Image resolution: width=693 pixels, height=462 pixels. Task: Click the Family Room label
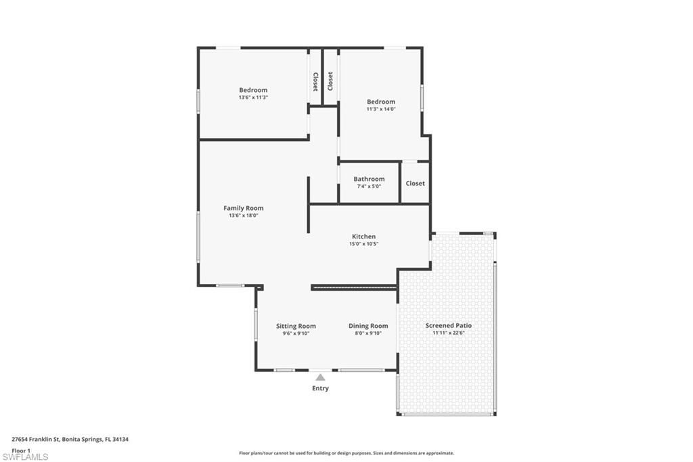click(244, 208)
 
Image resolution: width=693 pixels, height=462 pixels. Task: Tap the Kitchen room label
click(363, 236)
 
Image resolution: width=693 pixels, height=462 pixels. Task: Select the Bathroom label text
click(369, 179)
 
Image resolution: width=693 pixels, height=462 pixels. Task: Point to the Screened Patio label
click(449, 325)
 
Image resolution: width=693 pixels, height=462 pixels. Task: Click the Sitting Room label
click(296, 326)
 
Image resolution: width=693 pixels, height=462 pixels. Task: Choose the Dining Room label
click(368, 326)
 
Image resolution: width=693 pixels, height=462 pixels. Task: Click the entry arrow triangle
click(320, 377)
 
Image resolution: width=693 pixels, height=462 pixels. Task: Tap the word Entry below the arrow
click(320, 388)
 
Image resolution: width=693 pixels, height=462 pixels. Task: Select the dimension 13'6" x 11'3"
click(253, 98)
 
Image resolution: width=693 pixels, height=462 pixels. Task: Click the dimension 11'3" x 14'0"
click(381, 109)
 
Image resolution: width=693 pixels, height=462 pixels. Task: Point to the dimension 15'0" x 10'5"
click(363, 244)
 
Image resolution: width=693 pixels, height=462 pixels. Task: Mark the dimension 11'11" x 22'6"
click(449, 333)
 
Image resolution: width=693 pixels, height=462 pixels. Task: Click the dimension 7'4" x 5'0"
click(369, 186)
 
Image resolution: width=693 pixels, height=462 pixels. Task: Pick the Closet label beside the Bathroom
click(416, 183)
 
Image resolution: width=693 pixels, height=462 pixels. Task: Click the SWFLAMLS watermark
click(25, 457)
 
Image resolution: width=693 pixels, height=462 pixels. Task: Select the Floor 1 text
click(22, 450)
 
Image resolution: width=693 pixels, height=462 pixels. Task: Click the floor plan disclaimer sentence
click(346, 453)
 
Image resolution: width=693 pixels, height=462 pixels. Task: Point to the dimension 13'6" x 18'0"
click(244, 215)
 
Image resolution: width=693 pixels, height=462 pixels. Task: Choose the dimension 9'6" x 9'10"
click(296, 333)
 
